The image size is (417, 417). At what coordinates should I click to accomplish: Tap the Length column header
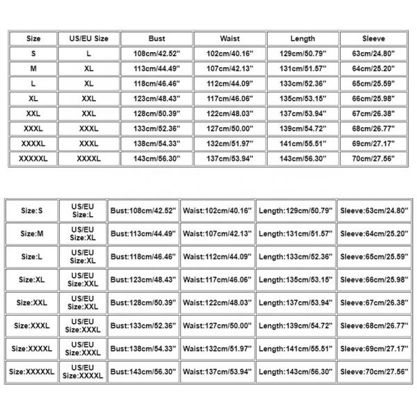pos(301,39)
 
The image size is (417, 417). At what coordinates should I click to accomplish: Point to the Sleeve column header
pos(373,39)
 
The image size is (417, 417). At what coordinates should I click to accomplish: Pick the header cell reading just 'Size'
pos(33,39)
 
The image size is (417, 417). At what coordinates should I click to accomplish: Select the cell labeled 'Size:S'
pos(33,209)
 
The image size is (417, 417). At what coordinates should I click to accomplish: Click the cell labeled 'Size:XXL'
pos(33,304)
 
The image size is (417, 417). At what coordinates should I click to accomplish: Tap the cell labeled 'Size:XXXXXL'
pos(33,373)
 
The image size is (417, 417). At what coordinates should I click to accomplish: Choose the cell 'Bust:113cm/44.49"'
pos(143,233)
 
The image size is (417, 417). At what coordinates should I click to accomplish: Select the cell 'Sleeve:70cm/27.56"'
pos(375,373)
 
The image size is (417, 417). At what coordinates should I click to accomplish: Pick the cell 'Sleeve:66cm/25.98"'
pos(375,280)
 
